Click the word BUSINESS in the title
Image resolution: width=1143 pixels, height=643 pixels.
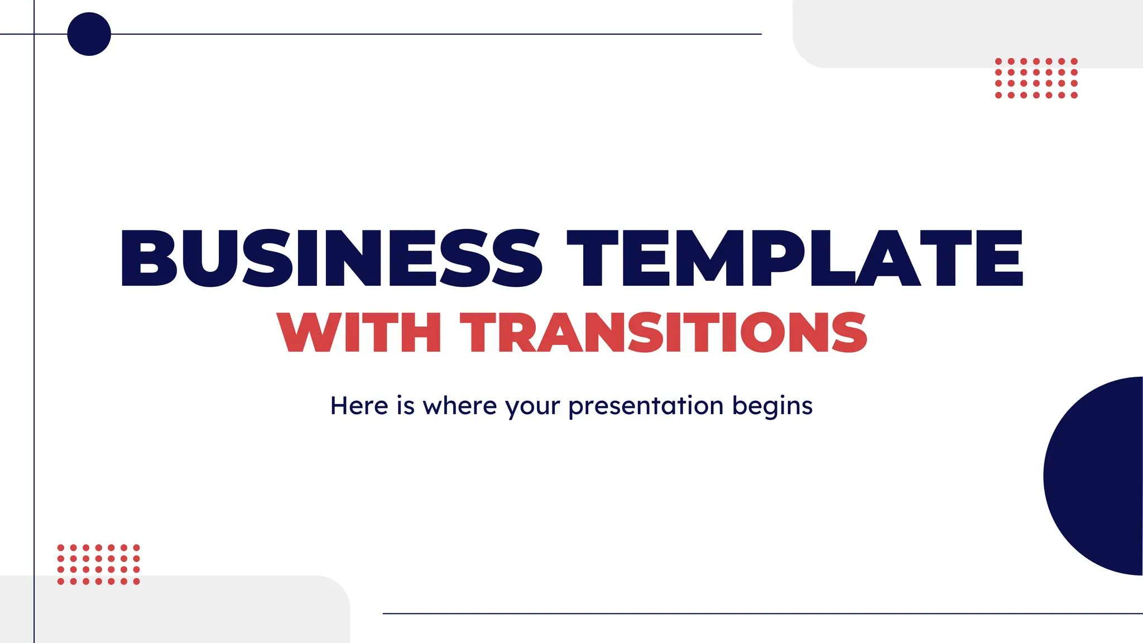click(x=330, y=258)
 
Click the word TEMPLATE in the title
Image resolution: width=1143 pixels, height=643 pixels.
click(x=795, y=258)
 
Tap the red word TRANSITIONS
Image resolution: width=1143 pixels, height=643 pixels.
click(x=663, y=333)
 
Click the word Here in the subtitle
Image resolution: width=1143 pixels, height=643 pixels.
click(x=359, y=406)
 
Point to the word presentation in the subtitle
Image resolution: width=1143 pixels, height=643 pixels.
click(x=646, y=406)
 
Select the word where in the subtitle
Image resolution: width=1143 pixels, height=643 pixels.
click(x=459, y=406)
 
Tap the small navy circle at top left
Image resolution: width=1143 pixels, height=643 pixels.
click(x=89, y=34)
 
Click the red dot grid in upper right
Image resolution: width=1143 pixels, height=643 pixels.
click(x=1036, y=78)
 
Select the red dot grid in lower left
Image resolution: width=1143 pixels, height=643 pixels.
click(x=98, y=564)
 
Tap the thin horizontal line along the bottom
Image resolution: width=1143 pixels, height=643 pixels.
click(x=759, y=613)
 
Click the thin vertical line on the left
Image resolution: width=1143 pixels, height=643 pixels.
click(x=34, y=335)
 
